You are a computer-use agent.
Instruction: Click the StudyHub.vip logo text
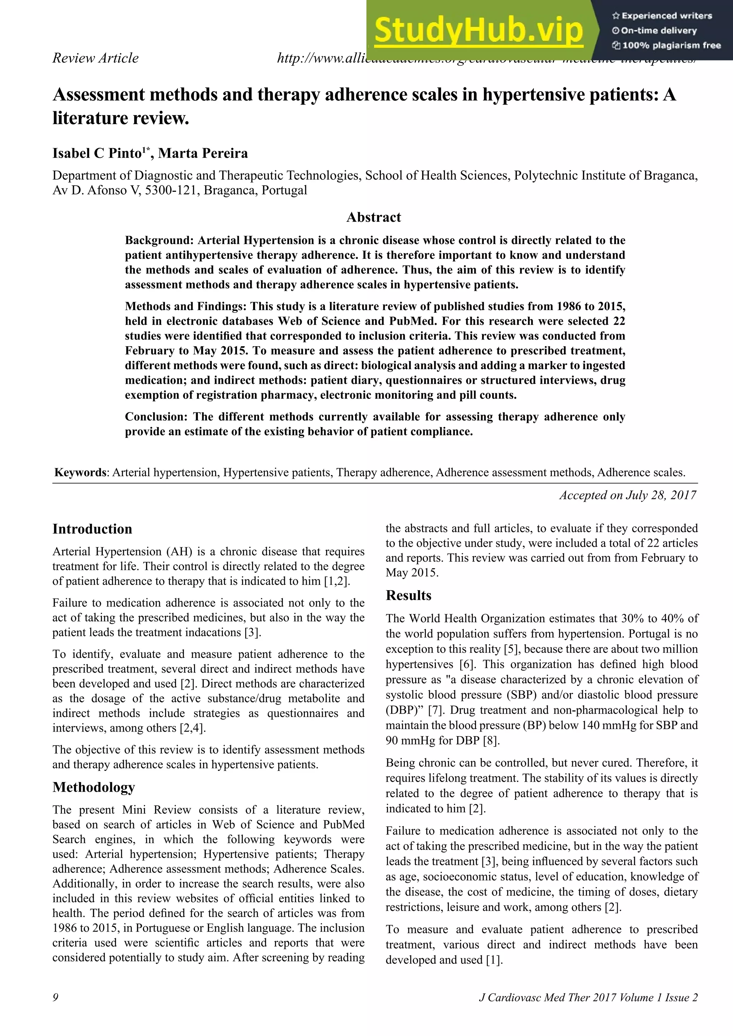[479, 31]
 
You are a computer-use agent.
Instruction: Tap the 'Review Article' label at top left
[95, 58]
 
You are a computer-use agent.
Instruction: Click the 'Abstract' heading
[373, 217]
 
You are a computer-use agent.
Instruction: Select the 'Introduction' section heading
[92, 529]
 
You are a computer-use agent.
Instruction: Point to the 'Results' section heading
[408, 595]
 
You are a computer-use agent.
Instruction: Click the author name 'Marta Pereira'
[203, 153]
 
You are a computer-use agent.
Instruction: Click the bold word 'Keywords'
[80, 473]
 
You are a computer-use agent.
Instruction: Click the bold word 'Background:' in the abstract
[159, 240]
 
